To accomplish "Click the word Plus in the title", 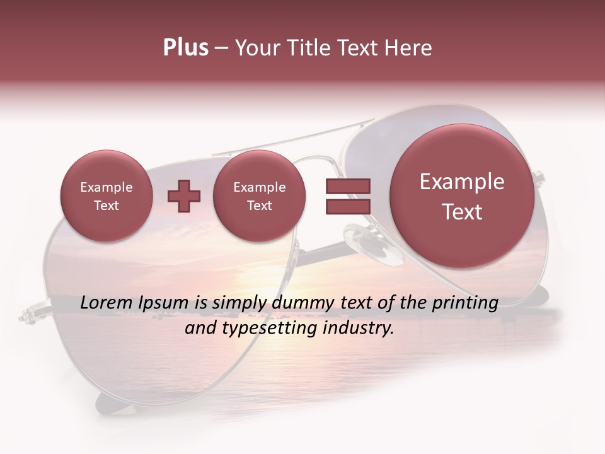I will [x=185, y=48].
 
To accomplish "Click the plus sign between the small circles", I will [x=183, y=196].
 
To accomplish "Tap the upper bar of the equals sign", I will [x=347, y=186].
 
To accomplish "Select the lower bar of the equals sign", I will [x=347, y=206].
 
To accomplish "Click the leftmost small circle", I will [x=107, y=196].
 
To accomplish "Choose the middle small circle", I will [x=260, y=196].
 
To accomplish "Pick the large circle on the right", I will [x=462, y=196].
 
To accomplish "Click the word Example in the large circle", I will [x=462, y=182].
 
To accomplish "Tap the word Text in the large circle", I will [x=462, y=212].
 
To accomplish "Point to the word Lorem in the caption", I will [x=107, y=303].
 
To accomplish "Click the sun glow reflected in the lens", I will [x=252, y=277].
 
